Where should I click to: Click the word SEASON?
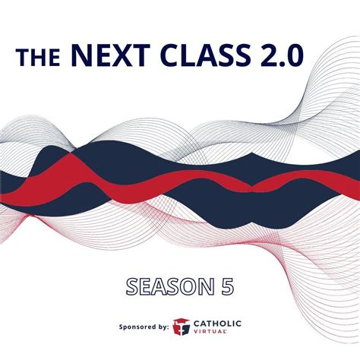click(x=169, y=286)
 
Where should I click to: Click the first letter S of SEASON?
click(x=134, y=286)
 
